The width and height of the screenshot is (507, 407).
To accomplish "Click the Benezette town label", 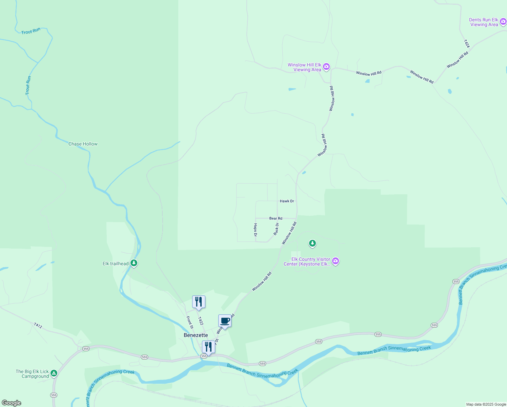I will coord(196,335).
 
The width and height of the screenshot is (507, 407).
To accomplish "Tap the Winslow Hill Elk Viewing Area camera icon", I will coord(326,66).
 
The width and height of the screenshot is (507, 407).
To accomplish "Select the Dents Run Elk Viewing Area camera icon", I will coord(503,22).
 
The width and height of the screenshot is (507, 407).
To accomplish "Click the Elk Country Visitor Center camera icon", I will coord(336,261).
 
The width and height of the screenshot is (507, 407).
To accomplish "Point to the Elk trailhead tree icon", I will coord(134,263).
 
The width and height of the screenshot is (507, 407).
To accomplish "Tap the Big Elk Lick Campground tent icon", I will coord(54,373).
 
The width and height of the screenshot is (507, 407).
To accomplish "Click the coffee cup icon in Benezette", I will coord(225,321).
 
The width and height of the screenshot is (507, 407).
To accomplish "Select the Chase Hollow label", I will coord(83,144).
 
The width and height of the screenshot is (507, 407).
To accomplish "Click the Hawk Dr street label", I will coord(287,201).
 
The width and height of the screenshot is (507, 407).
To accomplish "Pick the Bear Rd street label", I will coord(276,218).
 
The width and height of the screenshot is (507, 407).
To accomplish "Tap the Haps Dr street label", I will coord(256,230).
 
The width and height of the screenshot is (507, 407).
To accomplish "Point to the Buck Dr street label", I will coord(276,229).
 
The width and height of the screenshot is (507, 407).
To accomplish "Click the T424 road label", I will coord(467,44).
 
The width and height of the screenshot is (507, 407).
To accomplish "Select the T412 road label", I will coord(38,326).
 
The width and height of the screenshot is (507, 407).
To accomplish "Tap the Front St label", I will coord(190,322).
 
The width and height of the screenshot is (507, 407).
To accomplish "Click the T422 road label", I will coord(201,321).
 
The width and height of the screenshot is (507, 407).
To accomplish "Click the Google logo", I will coord(12,403).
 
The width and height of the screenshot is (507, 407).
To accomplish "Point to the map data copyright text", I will coord(486,404).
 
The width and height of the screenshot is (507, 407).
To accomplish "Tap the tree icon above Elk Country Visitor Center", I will coord(312,243).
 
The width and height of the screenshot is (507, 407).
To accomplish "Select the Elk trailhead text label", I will coord(116,264).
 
